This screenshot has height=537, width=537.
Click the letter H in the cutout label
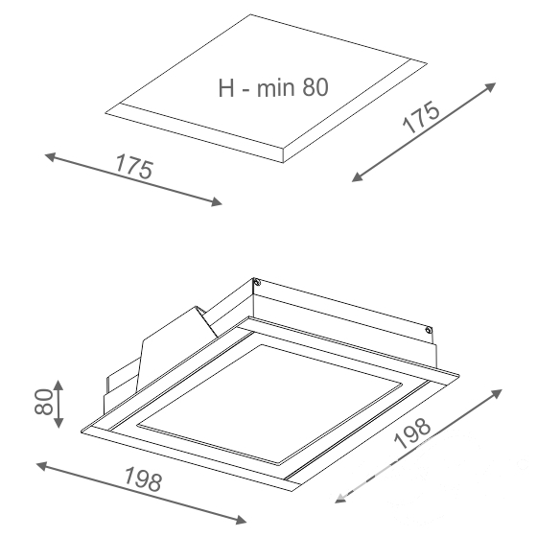pyautogui.click(x=226, y=88)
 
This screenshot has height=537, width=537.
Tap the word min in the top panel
pyautogui.click(x=276, y=88)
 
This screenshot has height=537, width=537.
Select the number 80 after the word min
pyautogui.click(x=315, y=87)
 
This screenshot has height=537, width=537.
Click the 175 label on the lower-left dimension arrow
pyautogui.click(x=134, y=167)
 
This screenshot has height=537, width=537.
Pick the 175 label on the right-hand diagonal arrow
pyautogui.click(x=421, y=117)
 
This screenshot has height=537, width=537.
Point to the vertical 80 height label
pyautogui.click(x=44, y=402)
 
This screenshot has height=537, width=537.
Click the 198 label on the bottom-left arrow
pyautogui.click(x=143, y=479)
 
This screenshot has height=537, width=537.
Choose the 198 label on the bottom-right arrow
pyautogui.click(x=411, y=432)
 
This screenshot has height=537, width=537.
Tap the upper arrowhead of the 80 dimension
pyautogui.click(x=58, y=385)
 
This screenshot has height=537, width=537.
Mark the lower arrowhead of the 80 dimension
pyautogui.click(x=58, y=422)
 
